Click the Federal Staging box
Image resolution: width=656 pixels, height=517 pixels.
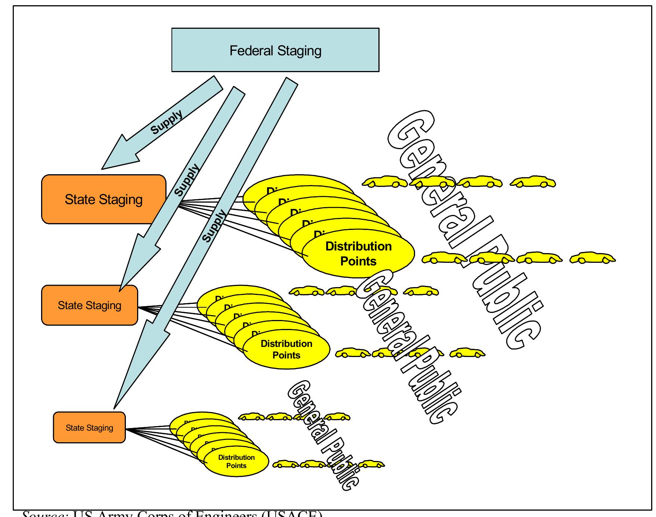click(x=275, y=50)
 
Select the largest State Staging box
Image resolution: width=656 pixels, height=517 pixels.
click(x=103, y=199)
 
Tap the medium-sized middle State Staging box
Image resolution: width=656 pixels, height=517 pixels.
click(x=89, y=305)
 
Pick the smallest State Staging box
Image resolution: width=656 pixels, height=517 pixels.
click(x=89, y=427)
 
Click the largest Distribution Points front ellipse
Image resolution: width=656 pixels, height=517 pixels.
click(x=358, y=253)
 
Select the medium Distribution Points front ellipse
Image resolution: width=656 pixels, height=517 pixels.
click(x=286, y=349)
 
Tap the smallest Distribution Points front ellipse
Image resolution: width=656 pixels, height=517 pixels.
click(x=236, y=461)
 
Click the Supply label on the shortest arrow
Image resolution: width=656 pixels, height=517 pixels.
click(x=167, y=122)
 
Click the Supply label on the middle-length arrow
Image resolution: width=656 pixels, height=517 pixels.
click(x=187, y=180)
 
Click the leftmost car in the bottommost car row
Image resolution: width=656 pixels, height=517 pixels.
click(x=286, y=464)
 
